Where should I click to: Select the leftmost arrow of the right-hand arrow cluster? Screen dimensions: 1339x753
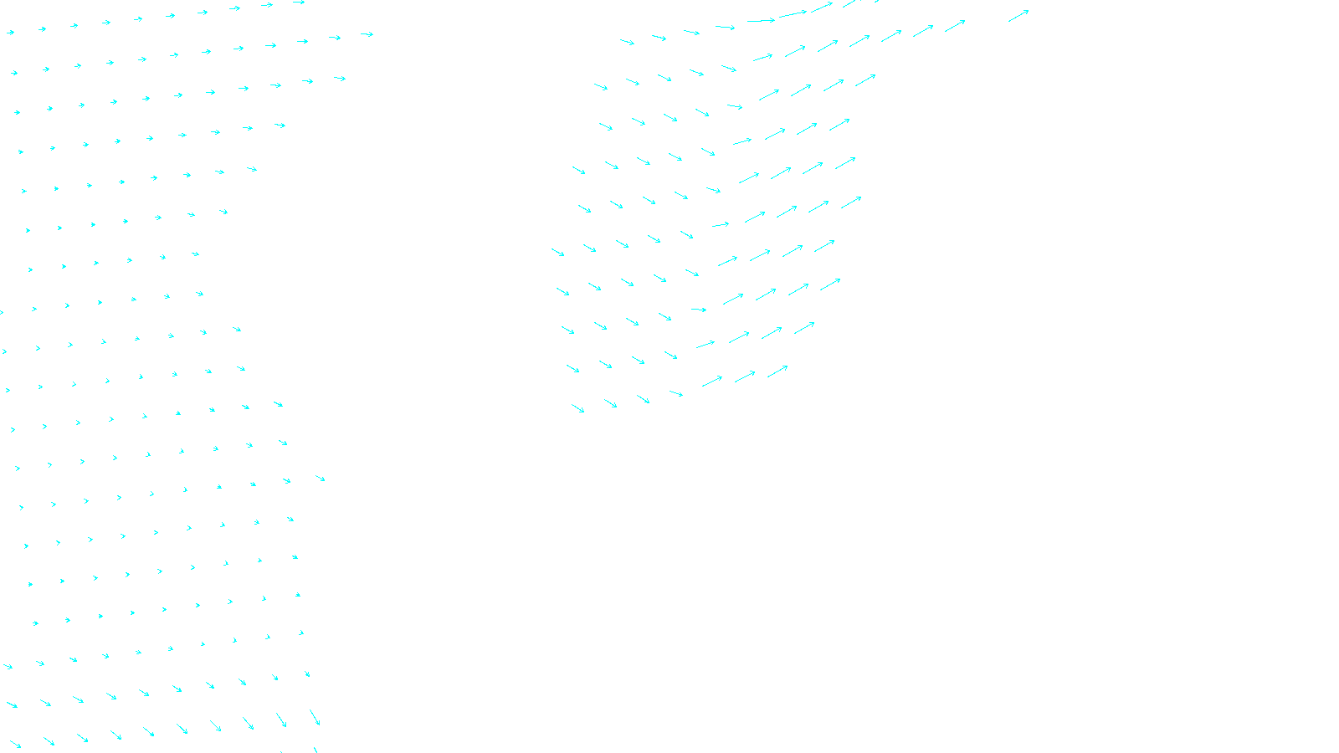557,252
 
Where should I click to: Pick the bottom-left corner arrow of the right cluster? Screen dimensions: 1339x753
577,408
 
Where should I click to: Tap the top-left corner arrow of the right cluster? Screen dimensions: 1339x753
627,42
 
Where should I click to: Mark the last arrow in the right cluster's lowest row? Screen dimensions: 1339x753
777,371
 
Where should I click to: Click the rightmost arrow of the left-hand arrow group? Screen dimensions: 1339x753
367,34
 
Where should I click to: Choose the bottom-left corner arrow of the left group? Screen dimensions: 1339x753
15,744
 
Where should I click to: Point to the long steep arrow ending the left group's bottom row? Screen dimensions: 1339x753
315,717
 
